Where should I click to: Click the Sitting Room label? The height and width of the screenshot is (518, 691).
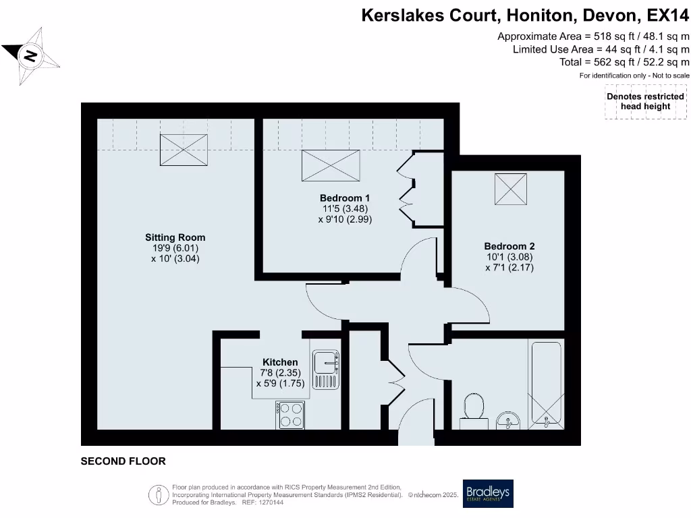click(175, 237)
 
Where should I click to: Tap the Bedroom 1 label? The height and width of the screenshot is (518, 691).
click(345, 198)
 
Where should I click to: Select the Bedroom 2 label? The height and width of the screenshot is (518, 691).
click(509, 246)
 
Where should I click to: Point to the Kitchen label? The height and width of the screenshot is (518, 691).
click(280, 362)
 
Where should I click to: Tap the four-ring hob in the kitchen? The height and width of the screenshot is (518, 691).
click(290, 414)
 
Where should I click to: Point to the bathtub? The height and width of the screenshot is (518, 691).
click(547, 384)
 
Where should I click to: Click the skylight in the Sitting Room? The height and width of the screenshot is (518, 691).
click(184, 149)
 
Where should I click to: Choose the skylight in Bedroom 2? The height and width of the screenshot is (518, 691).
click(511, 189)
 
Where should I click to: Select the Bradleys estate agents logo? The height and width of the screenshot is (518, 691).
click(487, 494)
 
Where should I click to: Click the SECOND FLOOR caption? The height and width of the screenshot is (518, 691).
click(123, 461)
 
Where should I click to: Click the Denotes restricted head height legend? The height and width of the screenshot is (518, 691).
click(645, 101)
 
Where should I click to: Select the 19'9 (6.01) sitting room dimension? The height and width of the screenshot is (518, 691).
click(175, 248)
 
